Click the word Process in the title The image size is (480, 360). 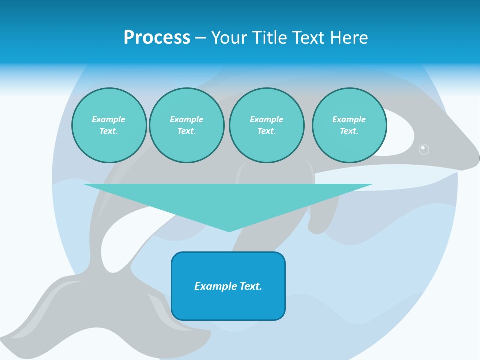(x=157, y=38)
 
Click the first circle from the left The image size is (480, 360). (x=109, y=125)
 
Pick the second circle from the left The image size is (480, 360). (x=187, y=125)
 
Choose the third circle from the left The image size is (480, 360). (x=267, y=125)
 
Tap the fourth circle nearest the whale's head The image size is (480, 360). (x=349, y=125)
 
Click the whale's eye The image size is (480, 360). (x=424, y=148)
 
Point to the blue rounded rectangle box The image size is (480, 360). (x=228, y=286)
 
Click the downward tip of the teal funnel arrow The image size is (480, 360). (x=229, y=230)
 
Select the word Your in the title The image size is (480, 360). (x=229, y=38)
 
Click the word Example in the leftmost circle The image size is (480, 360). (x=109, y=119)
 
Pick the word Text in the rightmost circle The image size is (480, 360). (x=349, y=131)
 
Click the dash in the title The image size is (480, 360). (x=201, y=38)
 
